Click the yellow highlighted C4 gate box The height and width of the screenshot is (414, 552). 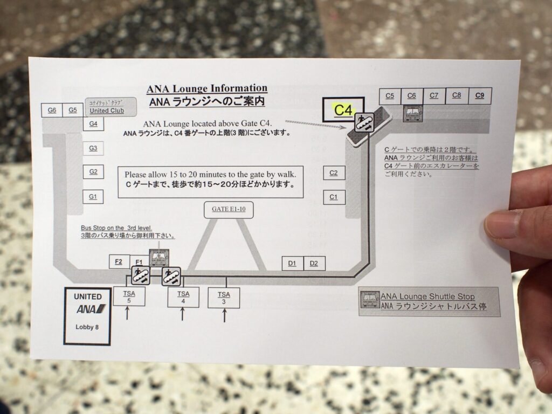(343, 110)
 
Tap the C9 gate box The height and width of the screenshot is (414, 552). (480, 96)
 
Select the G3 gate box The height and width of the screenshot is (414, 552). (93, 148)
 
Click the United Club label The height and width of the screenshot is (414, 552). (107, 111)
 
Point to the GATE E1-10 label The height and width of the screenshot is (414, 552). (229, 210)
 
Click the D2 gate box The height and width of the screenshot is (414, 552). (314, 263)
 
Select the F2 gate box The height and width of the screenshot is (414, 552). (119, 261)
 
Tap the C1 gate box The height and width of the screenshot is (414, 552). (334, 197)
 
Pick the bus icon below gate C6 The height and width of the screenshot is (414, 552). (413, 113)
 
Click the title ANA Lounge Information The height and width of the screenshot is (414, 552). (207, 88)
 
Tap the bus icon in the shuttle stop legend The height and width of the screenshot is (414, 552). (370, 301)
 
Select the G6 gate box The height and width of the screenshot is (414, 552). (52, 110)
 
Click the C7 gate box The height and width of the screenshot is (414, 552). (434, 96)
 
